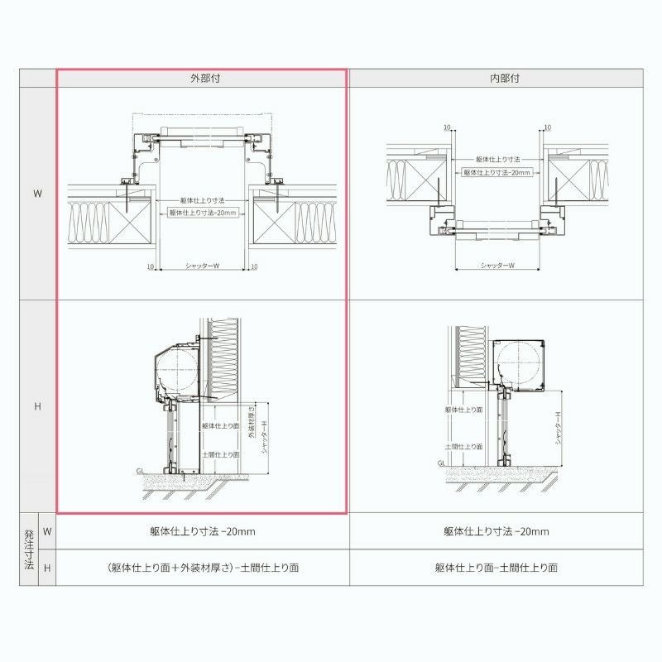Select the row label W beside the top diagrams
[37, 193]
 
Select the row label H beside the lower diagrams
[37, 406]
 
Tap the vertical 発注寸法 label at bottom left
[28, 549]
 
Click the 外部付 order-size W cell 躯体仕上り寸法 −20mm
[201, 531]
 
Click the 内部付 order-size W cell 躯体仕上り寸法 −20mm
[496, 531]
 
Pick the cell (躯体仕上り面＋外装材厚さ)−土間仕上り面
[201, 568]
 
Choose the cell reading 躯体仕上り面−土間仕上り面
[496, 568]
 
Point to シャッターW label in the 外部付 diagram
[202, 266]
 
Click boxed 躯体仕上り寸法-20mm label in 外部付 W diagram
[203, 213]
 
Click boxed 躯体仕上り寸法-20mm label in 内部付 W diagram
[496, 173]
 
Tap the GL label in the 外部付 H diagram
[141, 470]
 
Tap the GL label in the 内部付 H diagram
[442, 463]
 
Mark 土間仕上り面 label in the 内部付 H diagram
[463, 446]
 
